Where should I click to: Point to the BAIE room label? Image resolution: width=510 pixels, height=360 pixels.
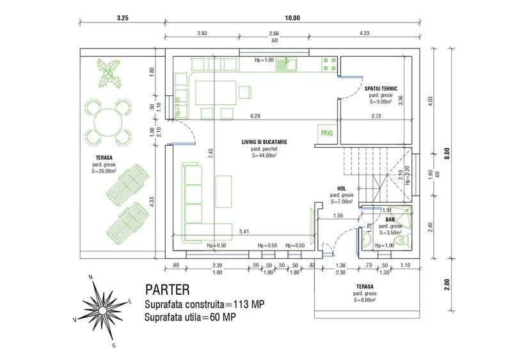point(390,219)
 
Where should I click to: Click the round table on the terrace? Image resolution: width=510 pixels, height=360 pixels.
point(106,120)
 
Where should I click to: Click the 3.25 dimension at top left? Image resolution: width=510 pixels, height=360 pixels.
point(123,19)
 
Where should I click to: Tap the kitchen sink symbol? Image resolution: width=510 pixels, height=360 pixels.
point(291,64)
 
